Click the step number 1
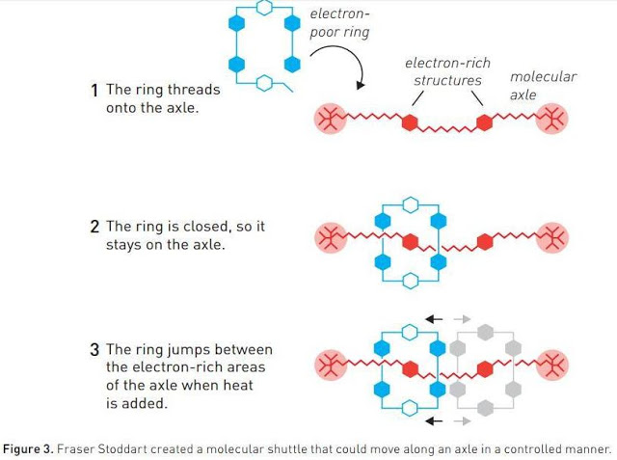[x=94, y=91]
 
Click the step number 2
[x=94, y=228]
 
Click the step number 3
[x=94, y=349]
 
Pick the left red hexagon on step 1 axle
[x=409, y=122]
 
